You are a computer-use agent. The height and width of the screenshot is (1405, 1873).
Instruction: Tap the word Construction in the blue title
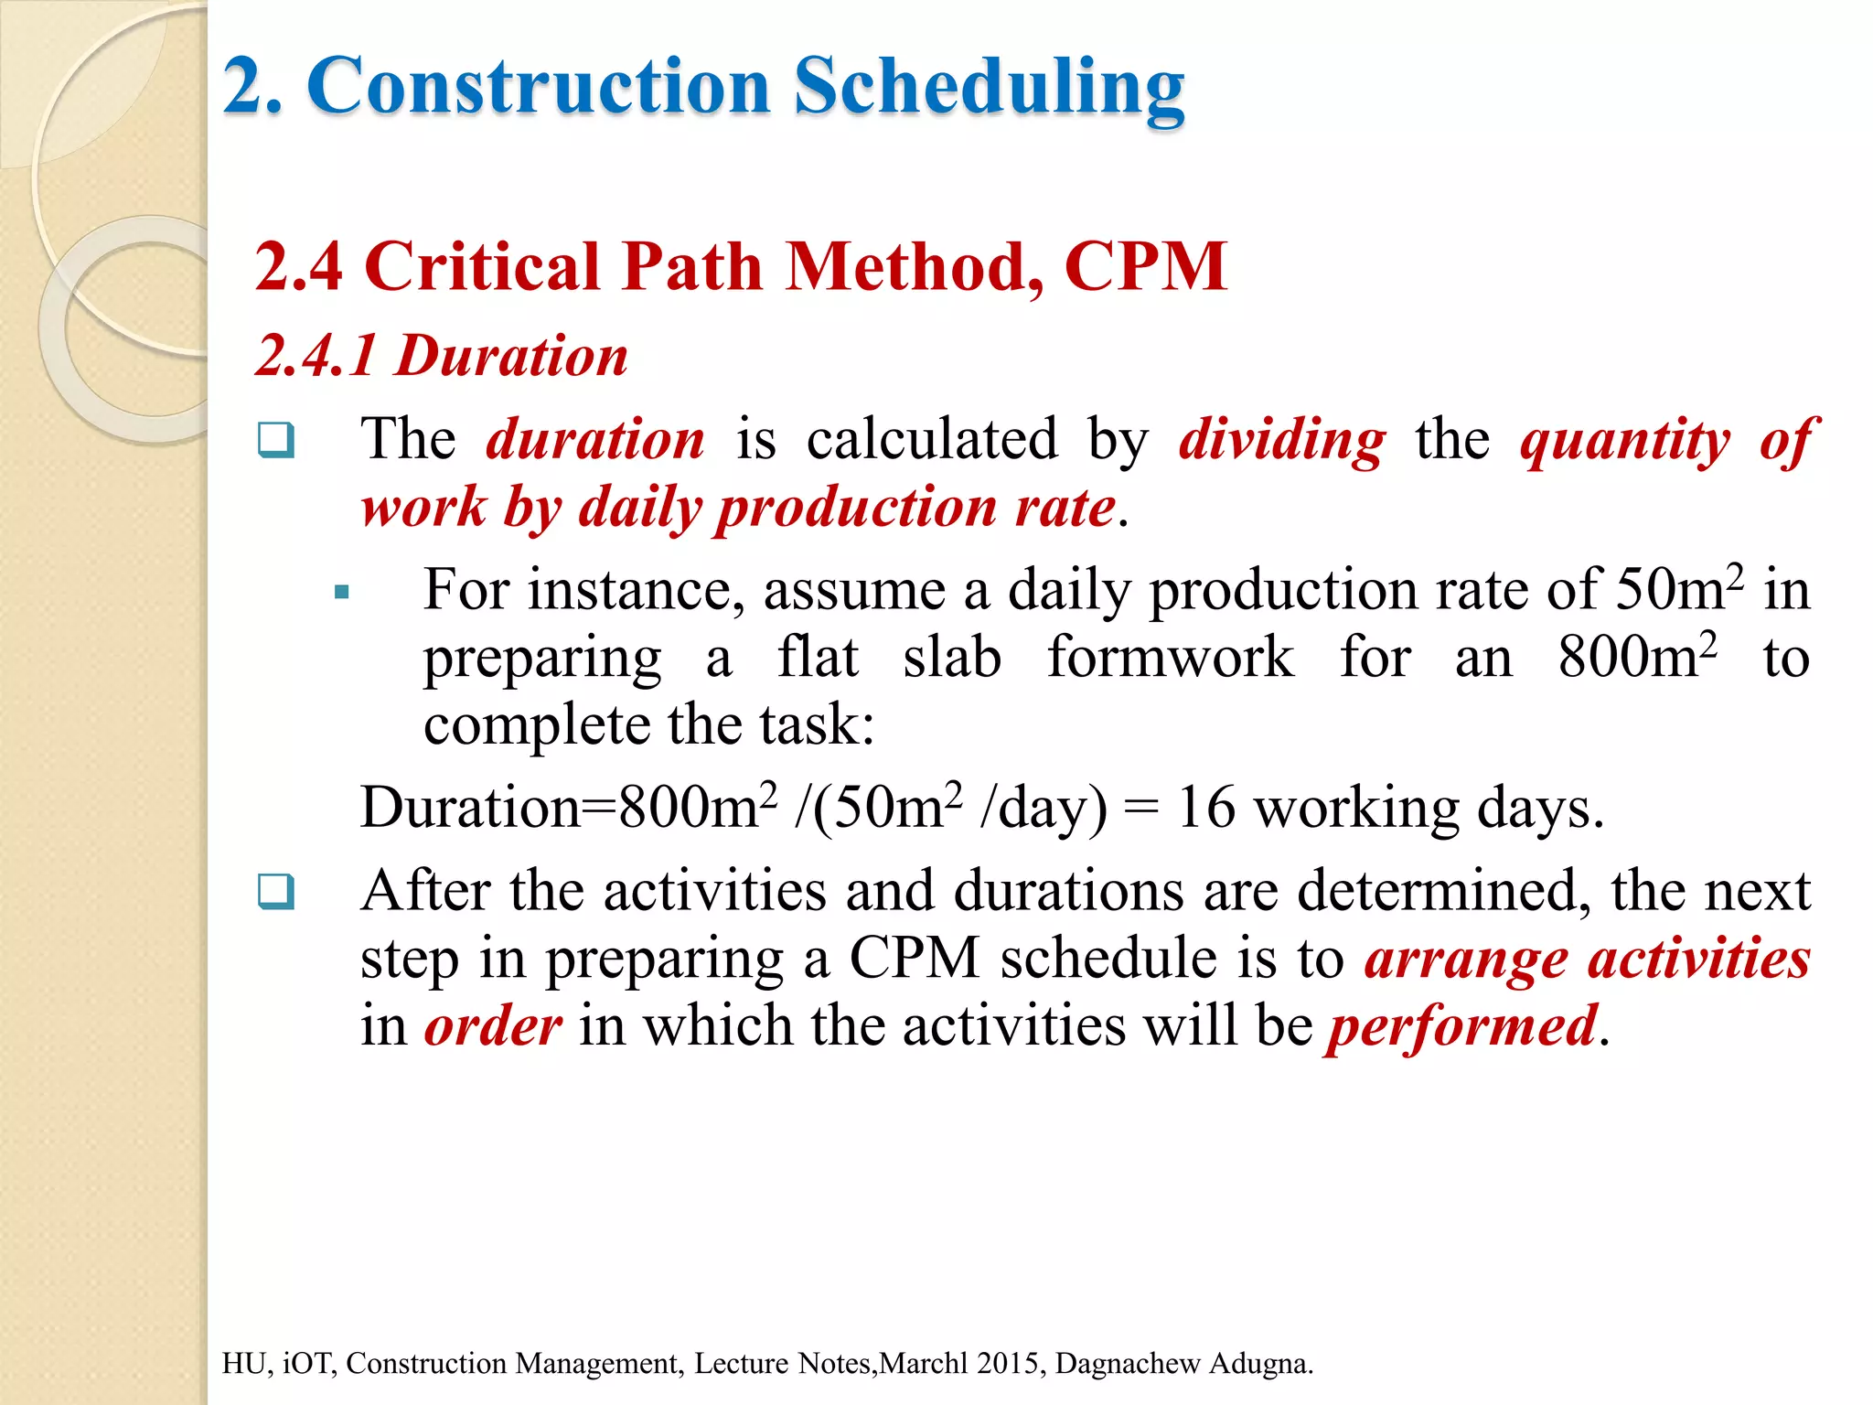coord(540,86)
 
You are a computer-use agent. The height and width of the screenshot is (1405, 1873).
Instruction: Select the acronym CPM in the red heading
coord(1145,267)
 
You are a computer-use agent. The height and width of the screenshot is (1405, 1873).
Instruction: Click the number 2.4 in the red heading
coord(299,267)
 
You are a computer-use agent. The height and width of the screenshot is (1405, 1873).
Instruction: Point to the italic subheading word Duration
coord(511,356)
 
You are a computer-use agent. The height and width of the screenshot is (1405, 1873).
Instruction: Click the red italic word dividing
coord(1282,440)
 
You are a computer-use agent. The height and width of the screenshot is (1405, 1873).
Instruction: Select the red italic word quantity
coord(1625,442)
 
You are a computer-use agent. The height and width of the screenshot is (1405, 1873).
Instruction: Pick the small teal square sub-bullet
coord(342,593)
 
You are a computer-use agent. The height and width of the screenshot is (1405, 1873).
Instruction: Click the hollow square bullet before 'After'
coord(275,891)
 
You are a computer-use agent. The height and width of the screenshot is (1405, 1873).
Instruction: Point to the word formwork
coord(1170,657)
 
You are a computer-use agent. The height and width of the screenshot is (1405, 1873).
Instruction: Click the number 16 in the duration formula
coord(1206,808)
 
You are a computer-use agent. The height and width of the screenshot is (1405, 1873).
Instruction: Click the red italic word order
coord(493,1026)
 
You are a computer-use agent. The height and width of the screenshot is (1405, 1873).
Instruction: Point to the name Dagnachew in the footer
coord(1128,1363)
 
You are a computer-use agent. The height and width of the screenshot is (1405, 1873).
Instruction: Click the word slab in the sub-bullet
coord(952,657)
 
